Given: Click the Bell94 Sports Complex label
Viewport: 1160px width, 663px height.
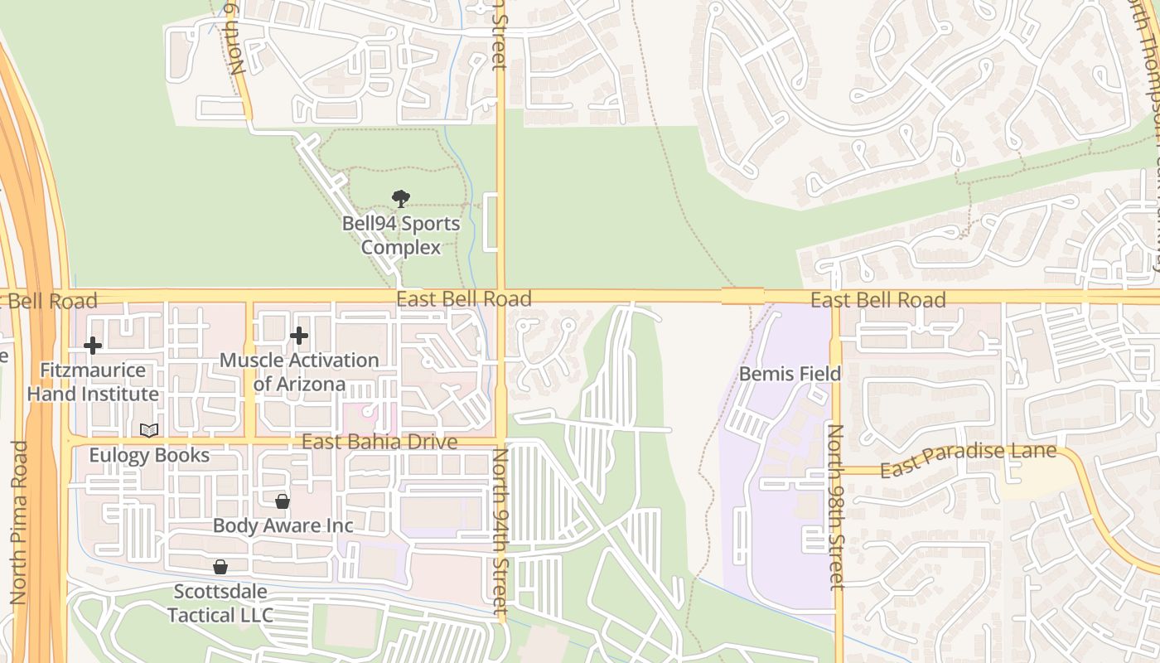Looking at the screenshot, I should tap(401, 235).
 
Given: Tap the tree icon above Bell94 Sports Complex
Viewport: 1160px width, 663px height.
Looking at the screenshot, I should tap(401, 198).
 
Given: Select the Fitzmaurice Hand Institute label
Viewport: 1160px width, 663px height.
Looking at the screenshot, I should tap(93, 382).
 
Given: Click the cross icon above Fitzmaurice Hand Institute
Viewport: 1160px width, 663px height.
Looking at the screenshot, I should tap(93, 345).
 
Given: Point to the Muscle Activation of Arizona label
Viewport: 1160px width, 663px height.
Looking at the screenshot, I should tap(299, 372).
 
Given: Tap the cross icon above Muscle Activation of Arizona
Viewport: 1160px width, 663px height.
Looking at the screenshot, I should tap(299, 336).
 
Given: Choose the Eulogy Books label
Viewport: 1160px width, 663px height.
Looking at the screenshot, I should tap(149, 455).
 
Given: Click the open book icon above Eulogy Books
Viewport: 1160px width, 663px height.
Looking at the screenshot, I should tap(149, 430).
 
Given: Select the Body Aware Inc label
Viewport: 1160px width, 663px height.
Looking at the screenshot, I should tap(283, 525).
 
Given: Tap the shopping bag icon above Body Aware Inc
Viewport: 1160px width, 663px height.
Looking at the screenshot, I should tap(283, 501).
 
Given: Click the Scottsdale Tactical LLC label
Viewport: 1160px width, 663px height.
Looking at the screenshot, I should tap(220, 603).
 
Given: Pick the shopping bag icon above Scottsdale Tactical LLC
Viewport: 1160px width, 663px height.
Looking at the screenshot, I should tap(220, 567).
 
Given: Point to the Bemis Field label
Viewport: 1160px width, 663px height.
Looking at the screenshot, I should tap(790, 374).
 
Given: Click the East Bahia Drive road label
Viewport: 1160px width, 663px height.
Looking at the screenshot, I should tap(379, 442).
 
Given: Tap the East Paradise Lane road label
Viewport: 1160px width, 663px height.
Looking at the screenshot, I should tap(968, 461).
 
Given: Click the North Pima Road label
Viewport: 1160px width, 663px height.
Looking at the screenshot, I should tap(19, 522).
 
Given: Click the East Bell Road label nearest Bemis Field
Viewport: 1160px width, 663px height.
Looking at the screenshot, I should tap(877, 300).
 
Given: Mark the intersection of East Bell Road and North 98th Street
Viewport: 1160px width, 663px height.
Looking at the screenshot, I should tap(835, 297).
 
